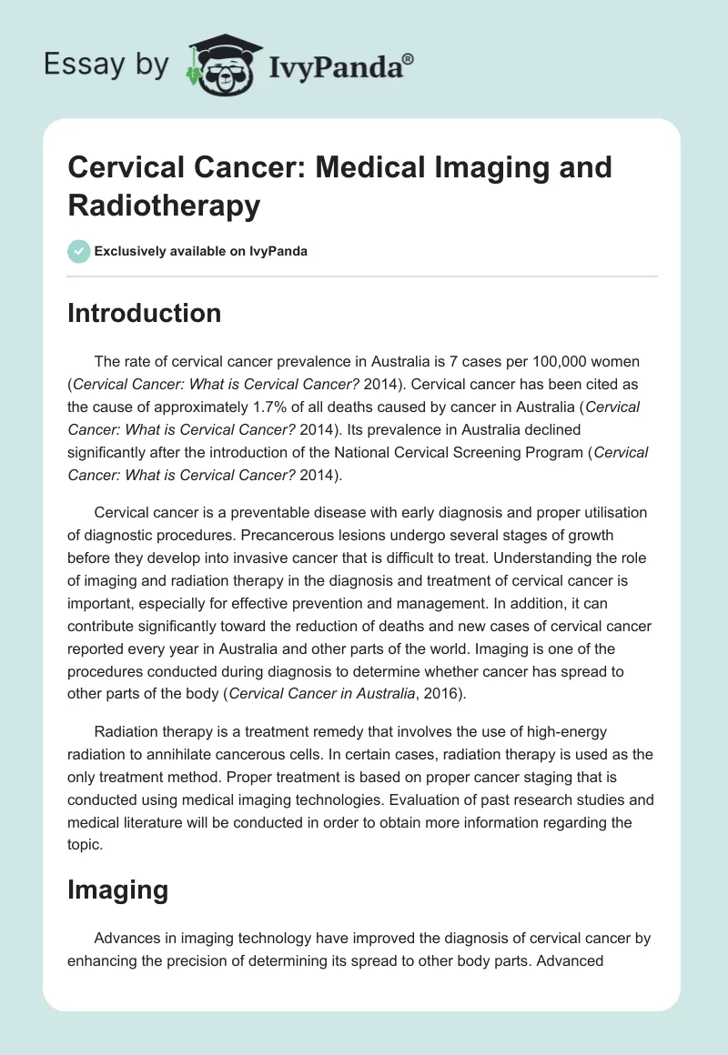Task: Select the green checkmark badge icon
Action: click(79, 251)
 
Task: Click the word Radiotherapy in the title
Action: click(164, 205)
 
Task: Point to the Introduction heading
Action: click(145, 314)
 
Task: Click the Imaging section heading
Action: click(118, 889)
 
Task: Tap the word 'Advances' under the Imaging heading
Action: click(125, 938)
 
